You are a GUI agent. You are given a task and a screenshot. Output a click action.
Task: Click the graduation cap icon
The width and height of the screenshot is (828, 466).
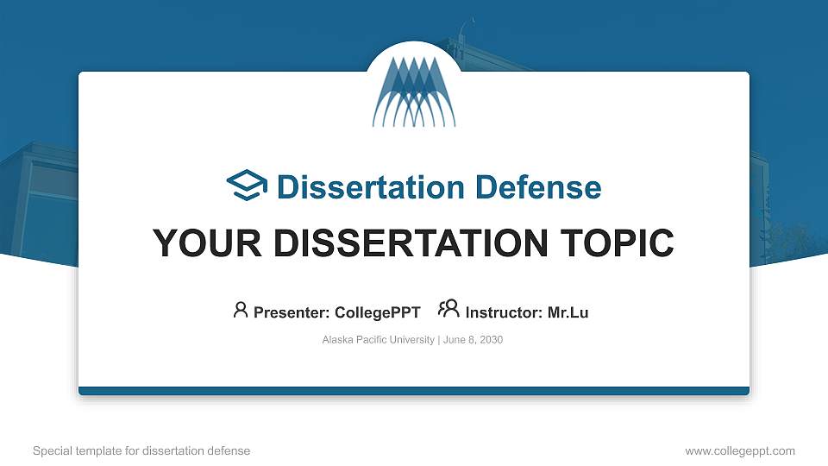247,186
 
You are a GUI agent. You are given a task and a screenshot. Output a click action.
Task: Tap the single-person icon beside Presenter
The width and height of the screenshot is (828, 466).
241,310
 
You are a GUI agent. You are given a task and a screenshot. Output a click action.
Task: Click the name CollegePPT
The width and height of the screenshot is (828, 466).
377,312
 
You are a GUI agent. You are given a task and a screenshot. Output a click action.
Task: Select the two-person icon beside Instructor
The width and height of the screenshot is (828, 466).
448,309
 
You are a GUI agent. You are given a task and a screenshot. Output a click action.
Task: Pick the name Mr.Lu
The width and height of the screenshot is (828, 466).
568,312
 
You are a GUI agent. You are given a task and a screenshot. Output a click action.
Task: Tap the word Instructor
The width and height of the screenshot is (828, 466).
503,312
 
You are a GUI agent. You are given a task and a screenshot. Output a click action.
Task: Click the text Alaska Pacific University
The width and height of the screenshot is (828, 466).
378,340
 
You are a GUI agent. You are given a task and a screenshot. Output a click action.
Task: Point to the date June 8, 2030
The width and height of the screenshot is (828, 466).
474,340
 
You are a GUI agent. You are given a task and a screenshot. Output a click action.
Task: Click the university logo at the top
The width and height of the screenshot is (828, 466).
413,91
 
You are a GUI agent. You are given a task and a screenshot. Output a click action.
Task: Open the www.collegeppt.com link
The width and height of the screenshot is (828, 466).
740,450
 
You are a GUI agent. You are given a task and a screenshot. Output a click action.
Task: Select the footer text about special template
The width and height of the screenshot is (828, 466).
141,450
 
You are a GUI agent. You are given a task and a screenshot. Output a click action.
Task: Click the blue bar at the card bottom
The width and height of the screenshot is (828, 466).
414,391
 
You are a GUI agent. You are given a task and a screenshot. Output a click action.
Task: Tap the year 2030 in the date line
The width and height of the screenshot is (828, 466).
490,340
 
